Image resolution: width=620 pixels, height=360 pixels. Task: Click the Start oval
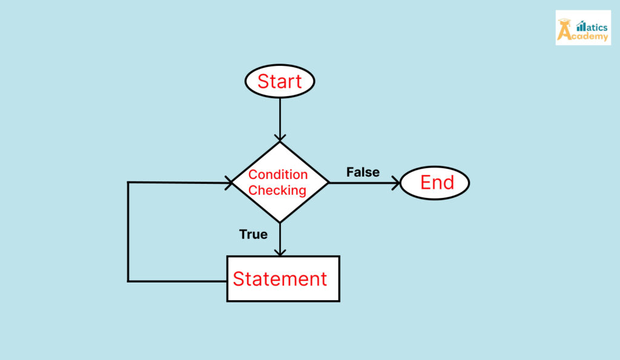coord(280,81)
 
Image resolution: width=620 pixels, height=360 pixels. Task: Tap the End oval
coord(435,182)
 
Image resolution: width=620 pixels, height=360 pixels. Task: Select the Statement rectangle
coord(283,278)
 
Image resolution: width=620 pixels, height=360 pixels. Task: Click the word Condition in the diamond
coord(278,175)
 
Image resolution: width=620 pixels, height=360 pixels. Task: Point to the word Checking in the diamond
coord(278,191)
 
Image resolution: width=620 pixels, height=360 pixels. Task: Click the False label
coord(363,172)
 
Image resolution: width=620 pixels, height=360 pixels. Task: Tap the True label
coord(253,234)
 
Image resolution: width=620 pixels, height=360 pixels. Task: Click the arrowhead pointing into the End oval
coord(395,182)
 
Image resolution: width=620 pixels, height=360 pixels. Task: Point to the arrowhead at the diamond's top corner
coord(280,136)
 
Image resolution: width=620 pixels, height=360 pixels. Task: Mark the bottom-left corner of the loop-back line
coord(128,281)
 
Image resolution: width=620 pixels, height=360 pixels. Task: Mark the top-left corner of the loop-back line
coord(128,182)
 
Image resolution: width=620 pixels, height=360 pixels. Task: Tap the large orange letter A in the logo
coord(565,31)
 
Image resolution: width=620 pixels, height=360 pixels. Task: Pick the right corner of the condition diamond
coord(328,182)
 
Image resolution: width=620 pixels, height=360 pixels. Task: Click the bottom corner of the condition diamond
coord(280,222)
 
